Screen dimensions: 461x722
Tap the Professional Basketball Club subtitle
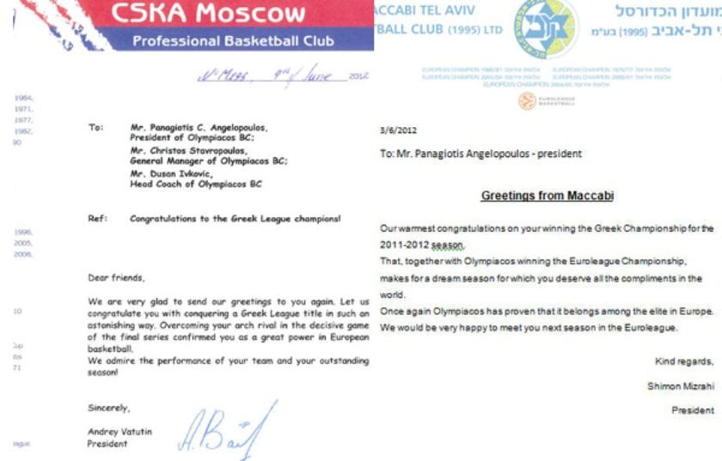233,42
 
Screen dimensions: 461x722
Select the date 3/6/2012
398,130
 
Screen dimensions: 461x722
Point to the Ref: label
97,219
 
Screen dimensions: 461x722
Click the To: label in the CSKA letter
95,126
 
